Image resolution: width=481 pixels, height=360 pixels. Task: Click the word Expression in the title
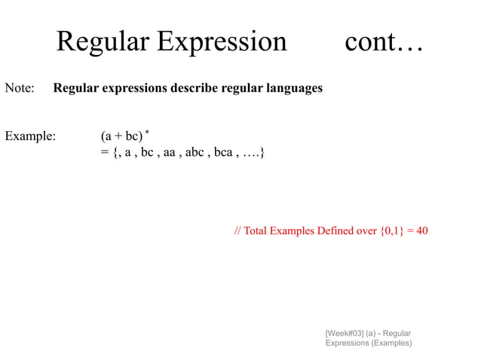tap(222, 42)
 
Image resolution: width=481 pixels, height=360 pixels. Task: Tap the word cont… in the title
tap(384, 42)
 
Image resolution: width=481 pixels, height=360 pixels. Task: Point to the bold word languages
tap(291, 88)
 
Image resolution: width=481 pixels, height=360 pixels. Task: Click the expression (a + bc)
tap(121, 136)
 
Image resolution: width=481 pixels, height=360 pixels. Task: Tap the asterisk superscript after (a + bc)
tap(148, 133)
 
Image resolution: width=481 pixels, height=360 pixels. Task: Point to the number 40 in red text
tap(421, 230)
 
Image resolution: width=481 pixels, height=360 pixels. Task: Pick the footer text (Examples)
tap(389, 343)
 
